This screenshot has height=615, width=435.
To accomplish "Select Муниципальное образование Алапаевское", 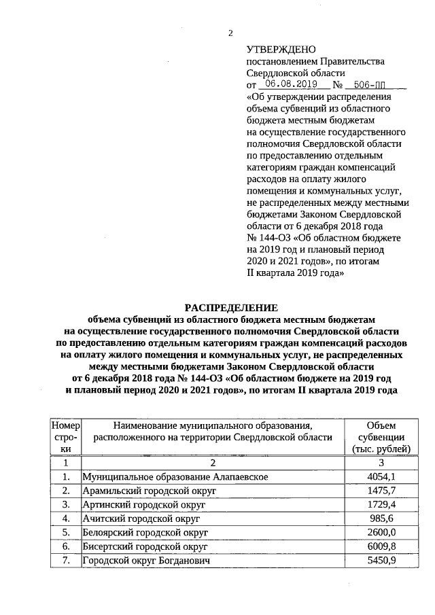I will pyautogui.click(x=175, y=476).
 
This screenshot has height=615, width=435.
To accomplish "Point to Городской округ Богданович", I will pyautogui.click(x=144, y=561).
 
